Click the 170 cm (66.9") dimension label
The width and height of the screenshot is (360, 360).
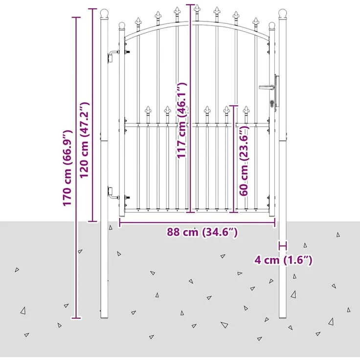pos(67,168)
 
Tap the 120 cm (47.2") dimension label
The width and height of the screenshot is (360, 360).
pos(84,140)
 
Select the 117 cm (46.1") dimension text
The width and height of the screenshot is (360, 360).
pos(182,120)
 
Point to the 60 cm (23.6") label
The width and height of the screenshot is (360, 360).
pos(244,160)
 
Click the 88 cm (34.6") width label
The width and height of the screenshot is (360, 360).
pos(202,232)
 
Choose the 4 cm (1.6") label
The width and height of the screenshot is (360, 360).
pos(283,260)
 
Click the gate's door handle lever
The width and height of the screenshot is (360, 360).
pos(266,87)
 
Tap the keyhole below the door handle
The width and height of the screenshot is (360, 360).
pos(272,104)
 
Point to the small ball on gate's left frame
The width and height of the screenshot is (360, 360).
pos(122,25)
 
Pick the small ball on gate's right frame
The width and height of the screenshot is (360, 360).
pos(272,25)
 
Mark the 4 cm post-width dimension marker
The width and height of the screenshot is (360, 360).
pos(283,246)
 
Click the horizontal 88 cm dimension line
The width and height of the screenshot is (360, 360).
pos(198,223)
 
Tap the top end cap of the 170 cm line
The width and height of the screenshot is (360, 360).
pos(76,17)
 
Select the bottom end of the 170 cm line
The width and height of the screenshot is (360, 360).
pos(76,318)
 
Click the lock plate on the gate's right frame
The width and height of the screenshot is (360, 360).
pos(277,91)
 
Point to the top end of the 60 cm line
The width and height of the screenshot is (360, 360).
pos(234,106)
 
